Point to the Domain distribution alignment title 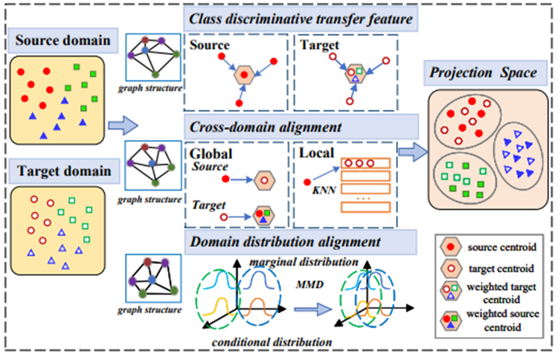286,242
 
